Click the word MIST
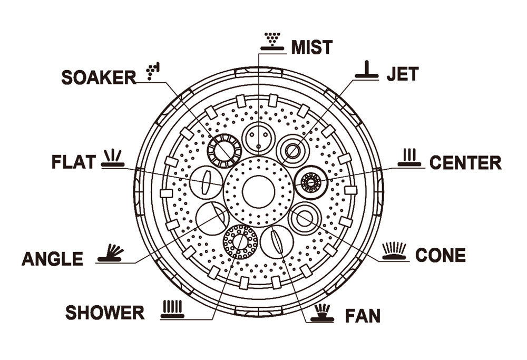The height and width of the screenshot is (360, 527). pos(311,47)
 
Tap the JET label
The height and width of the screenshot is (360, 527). pos(402,74)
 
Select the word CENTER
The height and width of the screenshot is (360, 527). pos(465,163)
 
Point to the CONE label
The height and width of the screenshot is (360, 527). pos(441,255)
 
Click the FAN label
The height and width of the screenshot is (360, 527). pos(363,316)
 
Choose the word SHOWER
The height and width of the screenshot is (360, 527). pos(105,313)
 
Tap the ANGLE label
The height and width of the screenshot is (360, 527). pos(52,259)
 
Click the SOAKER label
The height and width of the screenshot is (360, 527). pos(99,77)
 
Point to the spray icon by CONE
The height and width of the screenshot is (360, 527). pos(394,251)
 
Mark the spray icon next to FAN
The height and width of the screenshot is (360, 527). pos(322,313)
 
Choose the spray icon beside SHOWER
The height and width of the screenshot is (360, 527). pos(172,309)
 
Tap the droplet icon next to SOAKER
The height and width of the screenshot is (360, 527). pos(153,71)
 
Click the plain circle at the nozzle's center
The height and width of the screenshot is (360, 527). pos(258,192)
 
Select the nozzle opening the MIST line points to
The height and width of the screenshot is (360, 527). pos(258,139)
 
